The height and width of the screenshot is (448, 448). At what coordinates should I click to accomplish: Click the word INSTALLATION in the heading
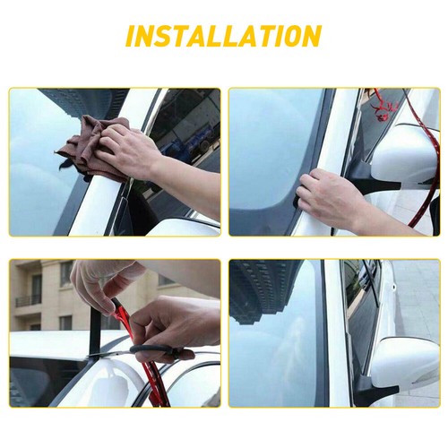(x=223, y=37)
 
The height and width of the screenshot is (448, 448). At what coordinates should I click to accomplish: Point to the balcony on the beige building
(x=28, y=301)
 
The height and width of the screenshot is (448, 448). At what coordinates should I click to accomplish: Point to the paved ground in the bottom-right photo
(x=421, y=296)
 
